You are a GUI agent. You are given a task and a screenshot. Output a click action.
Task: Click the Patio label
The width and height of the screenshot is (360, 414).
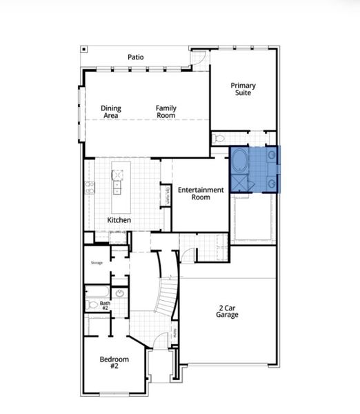pos(135,57)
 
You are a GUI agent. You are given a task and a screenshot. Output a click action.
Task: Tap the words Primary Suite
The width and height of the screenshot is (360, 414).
pos(243,89)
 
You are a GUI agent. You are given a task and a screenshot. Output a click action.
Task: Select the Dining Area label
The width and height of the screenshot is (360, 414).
pos(111,112)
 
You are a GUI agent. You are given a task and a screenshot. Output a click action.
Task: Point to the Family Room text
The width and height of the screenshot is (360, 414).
pos(166,112)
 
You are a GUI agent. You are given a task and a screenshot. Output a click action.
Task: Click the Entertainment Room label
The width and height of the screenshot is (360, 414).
pos(201,193)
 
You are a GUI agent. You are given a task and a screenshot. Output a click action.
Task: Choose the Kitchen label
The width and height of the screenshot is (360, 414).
pos(119,220)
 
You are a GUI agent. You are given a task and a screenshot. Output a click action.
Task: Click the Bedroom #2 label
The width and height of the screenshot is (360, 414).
pos(114,363)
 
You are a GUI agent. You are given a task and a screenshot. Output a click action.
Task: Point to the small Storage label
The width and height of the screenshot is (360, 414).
pos(97,263)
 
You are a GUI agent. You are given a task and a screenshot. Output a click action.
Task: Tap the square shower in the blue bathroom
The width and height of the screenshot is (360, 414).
pos(241,183)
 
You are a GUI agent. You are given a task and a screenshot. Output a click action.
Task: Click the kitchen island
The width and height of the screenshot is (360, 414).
pos(121,186)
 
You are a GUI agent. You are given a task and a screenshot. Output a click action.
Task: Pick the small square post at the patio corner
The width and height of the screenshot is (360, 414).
pos(84,50)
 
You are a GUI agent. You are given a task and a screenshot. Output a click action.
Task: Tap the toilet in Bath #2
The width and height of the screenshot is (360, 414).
pos(92,304)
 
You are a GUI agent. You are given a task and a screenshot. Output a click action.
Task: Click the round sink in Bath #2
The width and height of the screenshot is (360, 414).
pos(120,293)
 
